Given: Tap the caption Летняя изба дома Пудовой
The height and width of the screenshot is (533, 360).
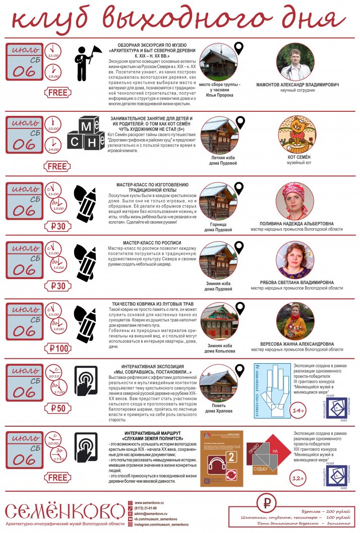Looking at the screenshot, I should point(219,160).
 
